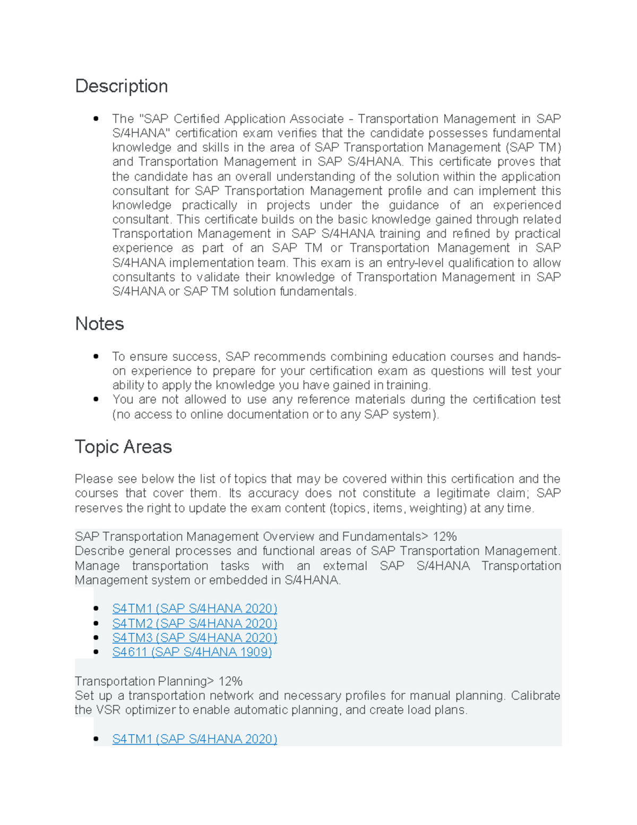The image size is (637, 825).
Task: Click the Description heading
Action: (x=122, y=86)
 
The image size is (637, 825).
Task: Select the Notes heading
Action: (x=99, y=324)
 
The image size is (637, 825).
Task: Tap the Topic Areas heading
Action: (x=123, y=447)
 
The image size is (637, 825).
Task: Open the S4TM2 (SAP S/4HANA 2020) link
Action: (x=194, y=623)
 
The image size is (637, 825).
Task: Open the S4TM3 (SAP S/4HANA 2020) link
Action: (x=194, y=637)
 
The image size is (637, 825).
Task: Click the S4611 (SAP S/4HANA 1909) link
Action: (x=192, y=652)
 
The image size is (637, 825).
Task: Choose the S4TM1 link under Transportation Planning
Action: (x=194, y=739)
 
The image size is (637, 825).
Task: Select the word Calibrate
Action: (x=536, y=696)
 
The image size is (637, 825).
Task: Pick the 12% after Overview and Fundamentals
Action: (x=445, y=537)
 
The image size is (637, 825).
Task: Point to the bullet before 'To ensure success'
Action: (x=96, y=356)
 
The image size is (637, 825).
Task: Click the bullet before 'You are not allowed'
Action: (x=96, y=399)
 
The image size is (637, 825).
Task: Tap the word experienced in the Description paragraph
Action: (x=527, y=206)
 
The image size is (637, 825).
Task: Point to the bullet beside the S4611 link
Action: (x=96, y=652)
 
